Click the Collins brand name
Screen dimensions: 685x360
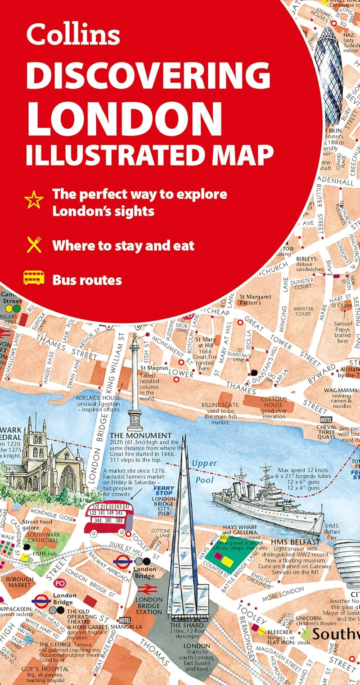tap(73, 34)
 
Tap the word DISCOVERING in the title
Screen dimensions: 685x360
tap(148, 75)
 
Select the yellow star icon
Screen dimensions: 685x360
tap(34, 199)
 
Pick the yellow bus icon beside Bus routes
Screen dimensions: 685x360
tap(34, 278)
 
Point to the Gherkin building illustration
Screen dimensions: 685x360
tap(328, 74)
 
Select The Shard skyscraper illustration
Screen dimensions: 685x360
tap(183, 540)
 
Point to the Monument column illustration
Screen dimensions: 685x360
tap(135, 383)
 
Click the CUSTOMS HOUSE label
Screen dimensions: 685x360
tap(274, 402)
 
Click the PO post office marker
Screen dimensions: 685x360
tap(59, 582)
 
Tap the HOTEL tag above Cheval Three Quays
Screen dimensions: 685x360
tap(326, 420)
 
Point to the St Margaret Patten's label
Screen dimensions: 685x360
tap(255, 300)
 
